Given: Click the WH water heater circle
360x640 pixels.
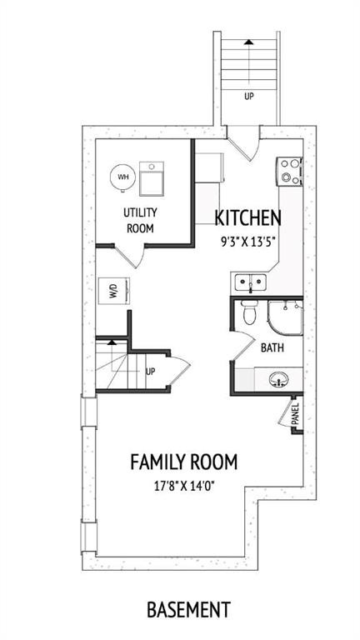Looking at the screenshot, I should click(x=122, y=177).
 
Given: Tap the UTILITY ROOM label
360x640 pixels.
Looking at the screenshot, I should click(x=141, y=220).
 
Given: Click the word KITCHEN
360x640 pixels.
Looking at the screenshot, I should click(x=247, y=218).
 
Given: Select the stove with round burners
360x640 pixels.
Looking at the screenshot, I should click(x=290, y=170).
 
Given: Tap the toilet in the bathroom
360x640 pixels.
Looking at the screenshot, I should click(x=248, y=314).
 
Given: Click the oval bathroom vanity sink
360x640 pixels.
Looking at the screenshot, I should click(x=278, y=382).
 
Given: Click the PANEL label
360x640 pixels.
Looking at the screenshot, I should click(x=295, y=414).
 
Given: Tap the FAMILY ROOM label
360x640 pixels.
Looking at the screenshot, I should click(x=183, y=461).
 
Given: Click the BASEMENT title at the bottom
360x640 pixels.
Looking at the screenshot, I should click(x=187, y=610).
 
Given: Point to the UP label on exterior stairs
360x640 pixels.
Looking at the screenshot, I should click(x=248, y=96).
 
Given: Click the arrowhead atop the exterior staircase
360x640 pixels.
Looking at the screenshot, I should click(x=247, y=40).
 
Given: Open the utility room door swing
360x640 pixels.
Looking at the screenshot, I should click(x=133, y=255).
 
